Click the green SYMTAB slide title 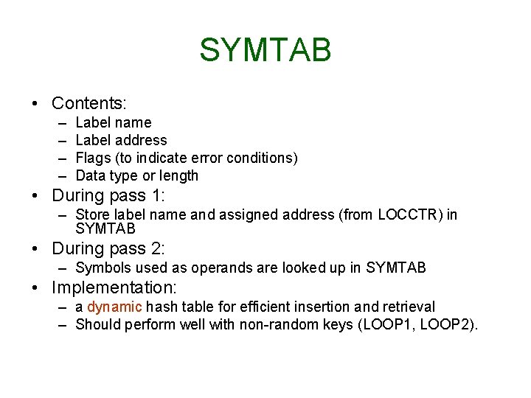[265, 50]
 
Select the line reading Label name [113, 122]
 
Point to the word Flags [93, 158]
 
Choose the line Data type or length [136, 175]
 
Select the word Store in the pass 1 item [92, 214]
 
